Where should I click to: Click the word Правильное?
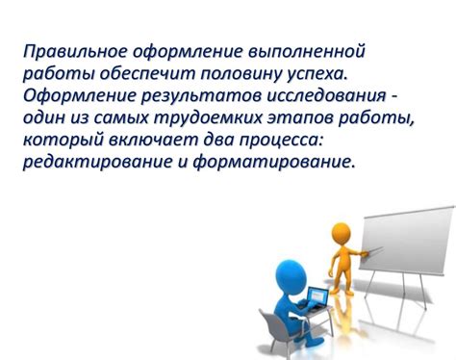(71, 51)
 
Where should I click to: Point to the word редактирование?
(91, 162)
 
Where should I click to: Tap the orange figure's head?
(342, 234)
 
